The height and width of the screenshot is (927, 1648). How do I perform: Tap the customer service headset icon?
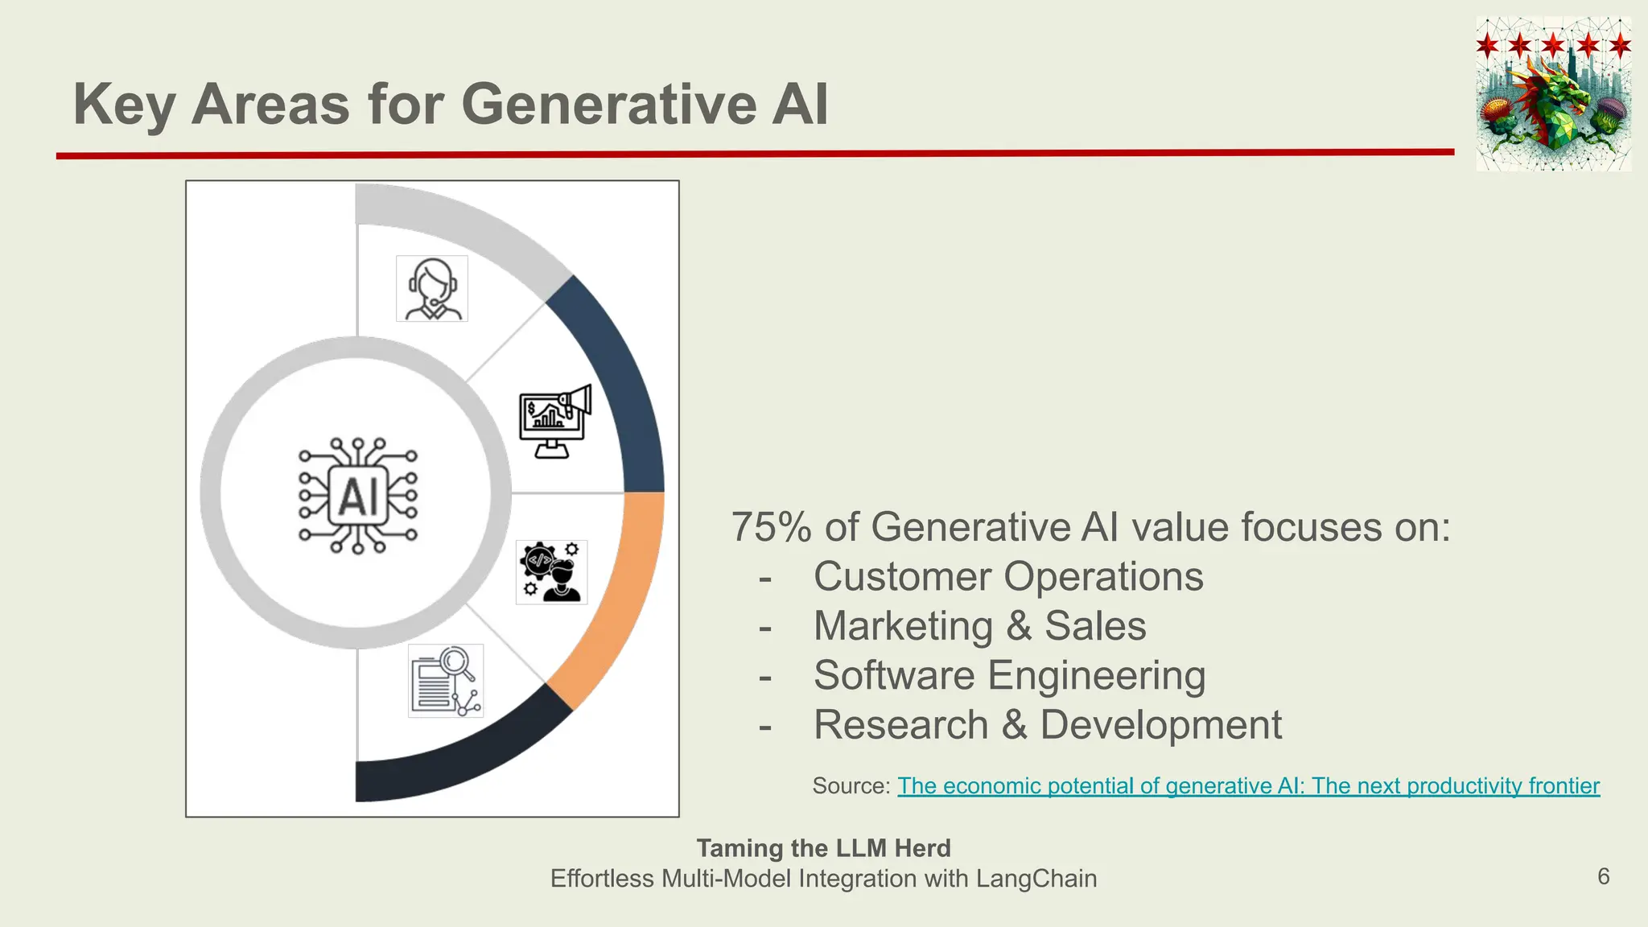432,289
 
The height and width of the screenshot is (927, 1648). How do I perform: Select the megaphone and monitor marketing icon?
555,421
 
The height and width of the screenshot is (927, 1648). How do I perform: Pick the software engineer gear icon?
551,572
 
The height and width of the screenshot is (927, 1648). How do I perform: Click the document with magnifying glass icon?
446,681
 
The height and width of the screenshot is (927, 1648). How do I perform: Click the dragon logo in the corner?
1553,94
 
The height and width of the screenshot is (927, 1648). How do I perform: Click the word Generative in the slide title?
608,105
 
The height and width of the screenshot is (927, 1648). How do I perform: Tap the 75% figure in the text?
771,528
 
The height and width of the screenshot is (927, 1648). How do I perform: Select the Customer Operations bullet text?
1007,577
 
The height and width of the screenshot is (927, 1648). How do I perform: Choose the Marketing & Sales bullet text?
979,626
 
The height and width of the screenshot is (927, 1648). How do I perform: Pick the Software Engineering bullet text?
1009,676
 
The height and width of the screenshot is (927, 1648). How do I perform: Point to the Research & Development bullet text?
1047,725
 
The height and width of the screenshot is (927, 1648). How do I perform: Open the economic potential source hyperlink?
1248,786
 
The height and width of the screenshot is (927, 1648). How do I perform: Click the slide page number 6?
1603,876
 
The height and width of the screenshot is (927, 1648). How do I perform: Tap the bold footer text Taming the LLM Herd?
823,848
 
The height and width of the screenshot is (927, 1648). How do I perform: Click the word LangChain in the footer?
1036,879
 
